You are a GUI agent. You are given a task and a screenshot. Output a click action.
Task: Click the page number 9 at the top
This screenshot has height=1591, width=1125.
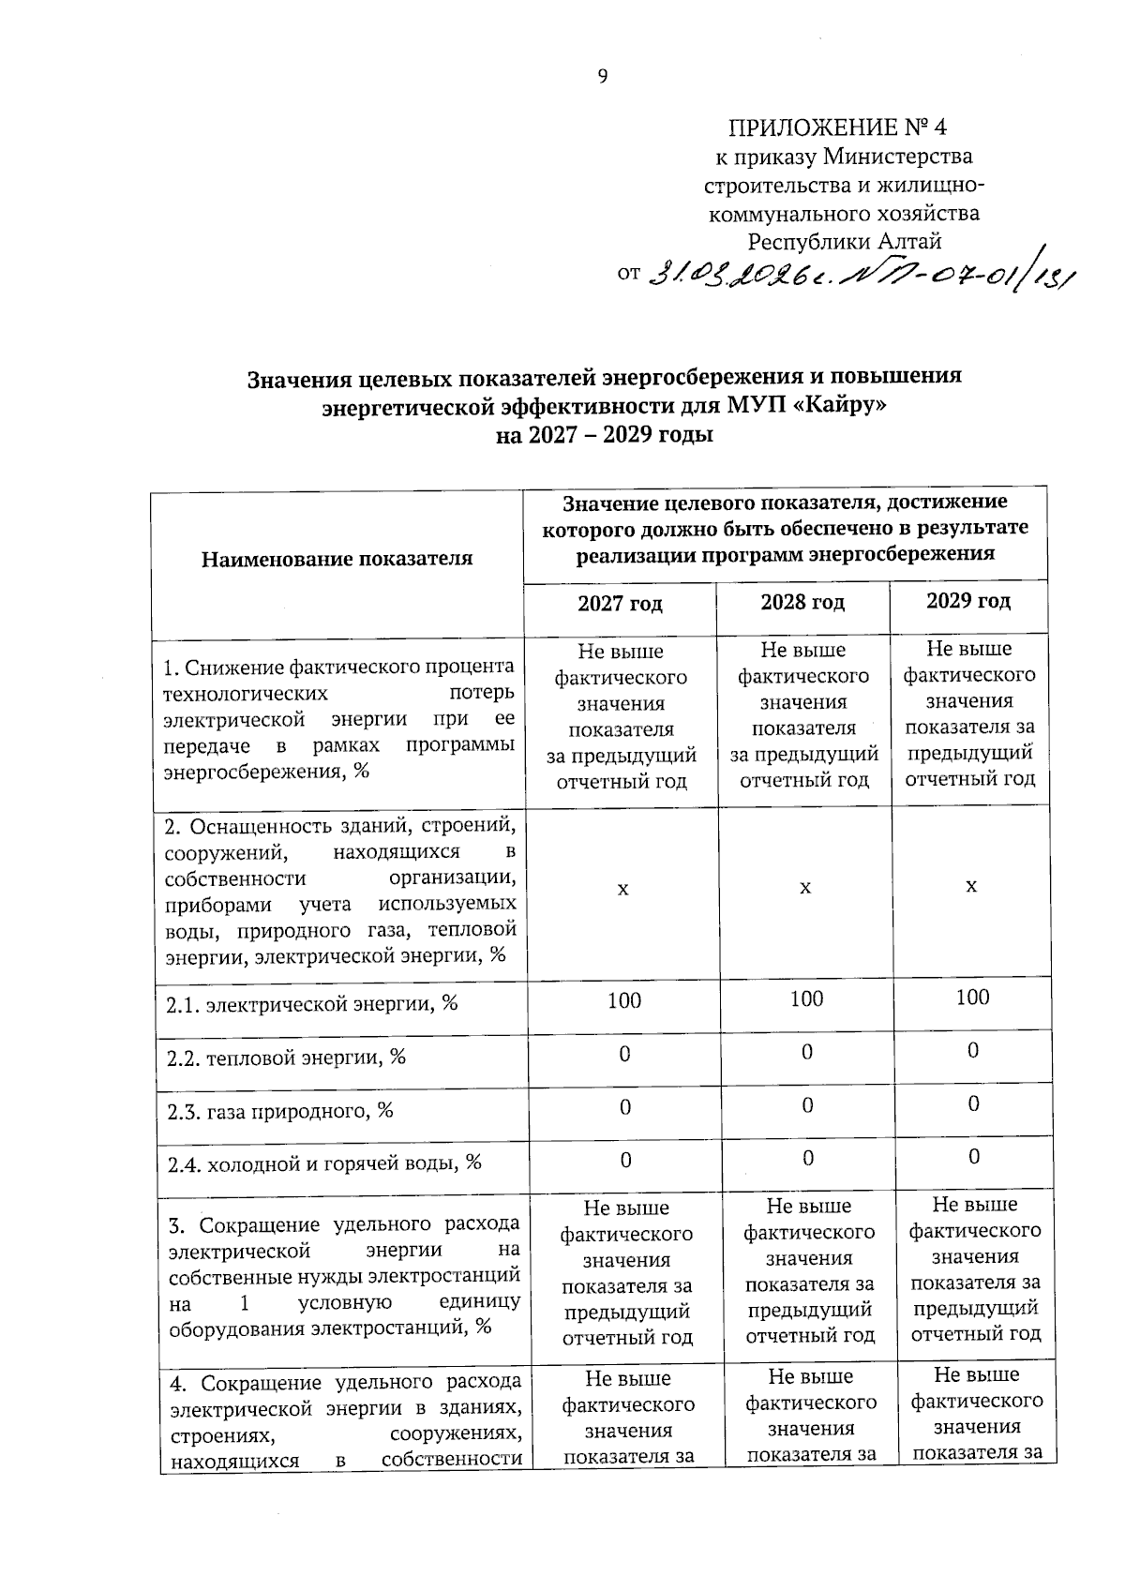tap(603, 77)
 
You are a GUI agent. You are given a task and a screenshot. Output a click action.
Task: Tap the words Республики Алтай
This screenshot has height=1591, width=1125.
tap(844, 242)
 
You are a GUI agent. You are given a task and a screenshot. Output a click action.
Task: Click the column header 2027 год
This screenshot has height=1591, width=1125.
tap(620, 604)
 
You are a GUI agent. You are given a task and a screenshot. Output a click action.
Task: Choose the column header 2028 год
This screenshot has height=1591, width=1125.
tap(802, 602)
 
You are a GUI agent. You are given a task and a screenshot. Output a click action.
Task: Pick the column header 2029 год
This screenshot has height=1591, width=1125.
tap(968, 601)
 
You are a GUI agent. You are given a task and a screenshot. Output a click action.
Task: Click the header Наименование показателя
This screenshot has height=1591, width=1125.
tap(337, 560)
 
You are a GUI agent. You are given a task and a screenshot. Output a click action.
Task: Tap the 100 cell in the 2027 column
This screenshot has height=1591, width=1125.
tap(624, 1000)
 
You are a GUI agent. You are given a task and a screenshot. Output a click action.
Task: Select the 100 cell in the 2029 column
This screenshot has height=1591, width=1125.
tap(972, 997)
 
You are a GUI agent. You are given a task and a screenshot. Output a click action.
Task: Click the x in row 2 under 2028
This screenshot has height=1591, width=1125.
tap(804, 886)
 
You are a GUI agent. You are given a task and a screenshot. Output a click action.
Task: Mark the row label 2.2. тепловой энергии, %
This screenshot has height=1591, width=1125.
tap(286, 1058)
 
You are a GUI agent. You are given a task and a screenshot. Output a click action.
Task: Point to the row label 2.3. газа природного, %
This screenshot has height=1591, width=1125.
tap(279, 1111)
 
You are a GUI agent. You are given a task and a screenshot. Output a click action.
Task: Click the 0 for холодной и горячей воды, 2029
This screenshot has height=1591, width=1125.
tap(974, 1157)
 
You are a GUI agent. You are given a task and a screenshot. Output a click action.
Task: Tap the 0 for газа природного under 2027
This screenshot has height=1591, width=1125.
tap(624, 1107)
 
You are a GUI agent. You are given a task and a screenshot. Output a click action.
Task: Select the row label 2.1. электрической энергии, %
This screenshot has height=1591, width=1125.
tap(311, 1004)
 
